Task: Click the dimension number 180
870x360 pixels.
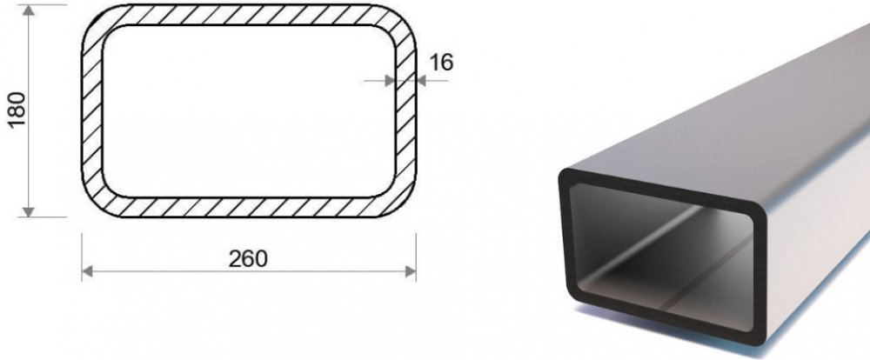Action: tap(17, 110)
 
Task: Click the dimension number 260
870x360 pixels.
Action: tap(248, 258)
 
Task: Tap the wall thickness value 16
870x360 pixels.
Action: tap(441, 62)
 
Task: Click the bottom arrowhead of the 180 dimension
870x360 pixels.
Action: tap(29, 212)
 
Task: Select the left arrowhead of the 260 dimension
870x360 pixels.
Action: tap(87, 271)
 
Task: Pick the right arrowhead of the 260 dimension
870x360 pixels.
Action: tap(411, 271)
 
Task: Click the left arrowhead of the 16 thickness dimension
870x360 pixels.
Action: tap(390, 81)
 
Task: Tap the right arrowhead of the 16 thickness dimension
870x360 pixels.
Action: tap(420, 81)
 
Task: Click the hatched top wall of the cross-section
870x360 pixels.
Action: tap(249, 15)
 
